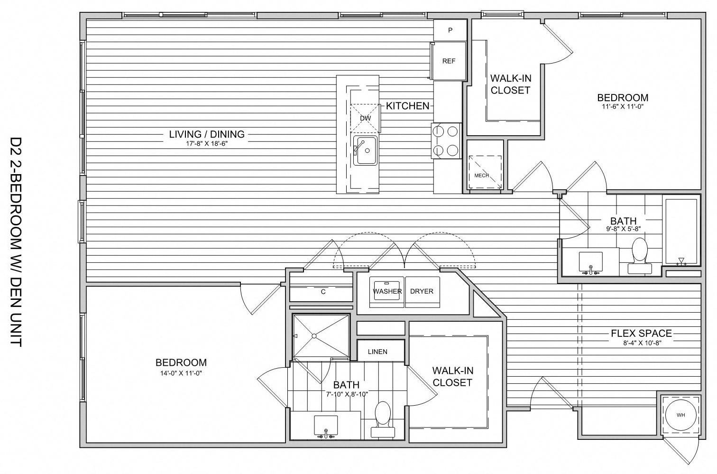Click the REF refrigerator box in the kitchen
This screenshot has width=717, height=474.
coord(449,61)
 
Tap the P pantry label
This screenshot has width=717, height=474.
coord(450,30)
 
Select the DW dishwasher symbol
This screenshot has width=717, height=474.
coord(365,118)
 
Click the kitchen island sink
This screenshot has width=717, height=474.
coord(365,150)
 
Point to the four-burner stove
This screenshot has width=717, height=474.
coord(446,141)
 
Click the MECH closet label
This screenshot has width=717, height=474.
coord(482,176)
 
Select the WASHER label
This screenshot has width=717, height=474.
coord(387,291)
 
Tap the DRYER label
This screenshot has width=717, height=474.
coord(422,291)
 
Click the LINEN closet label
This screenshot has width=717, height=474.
coord(377,352)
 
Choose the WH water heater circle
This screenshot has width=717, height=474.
coord(680,415)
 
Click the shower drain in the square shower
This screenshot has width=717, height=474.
coord(313,336)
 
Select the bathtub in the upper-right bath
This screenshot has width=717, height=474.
coord(682,231)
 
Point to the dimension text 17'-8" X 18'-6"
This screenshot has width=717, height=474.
coord(207,144)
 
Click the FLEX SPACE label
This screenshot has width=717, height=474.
coord(641,334)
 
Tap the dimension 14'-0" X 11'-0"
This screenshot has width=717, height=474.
coord(181,373)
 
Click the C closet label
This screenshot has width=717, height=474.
coord(323,292)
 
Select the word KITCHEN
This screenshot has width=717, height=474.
coord(407,106)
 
